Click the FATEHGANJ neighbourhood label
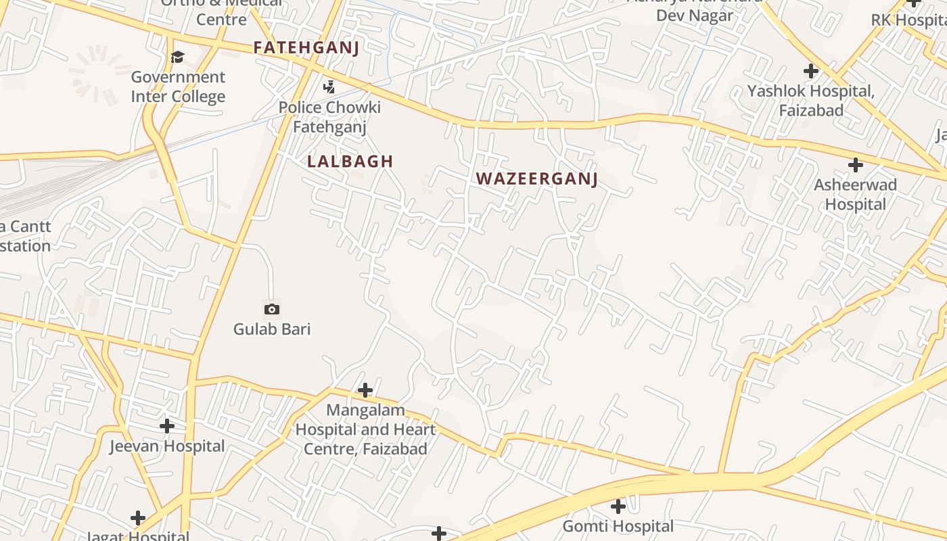(x=306, y=47)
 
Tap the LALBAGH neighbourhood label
(x=350, y=161)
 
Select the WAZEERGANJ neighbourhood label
(x=537, y=179)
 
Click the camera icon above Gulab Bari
(x=271, y=309)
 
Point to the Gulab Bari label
(x=272, y=329)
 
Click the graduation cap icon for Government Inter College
(x=177, y=56)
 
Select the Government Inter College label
(x=178, y=87)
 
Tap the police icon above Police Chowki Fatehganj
(x=329, y=87)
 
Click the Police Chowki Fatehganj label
(x=329, y=116)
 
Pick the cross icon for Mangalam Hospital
(x=365, y=390)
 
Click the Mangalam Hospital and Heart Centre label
(x=365, y=429)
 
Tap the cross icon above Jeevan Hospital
(x=167, y=426)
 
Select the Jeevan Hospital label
(x=167, y=446)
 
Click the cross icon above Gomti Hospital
(x=618, y=506)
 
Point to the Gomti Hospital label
(x=618, y=526)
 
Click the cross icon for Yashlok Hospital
(x=811, y=70)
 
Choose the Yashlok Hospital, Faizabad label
(x=811, y=100)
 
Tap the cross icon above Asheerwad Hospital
(x=856, y=164)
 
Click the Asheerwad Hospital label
(x=856, y=194)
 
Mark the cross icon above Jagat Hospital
(x=138, y=518)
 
